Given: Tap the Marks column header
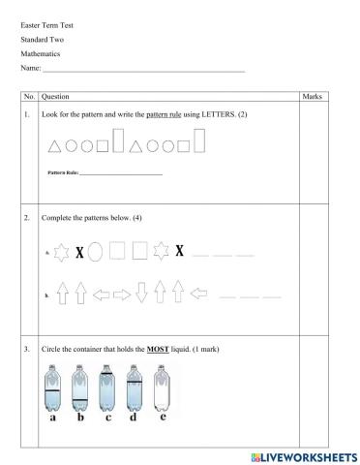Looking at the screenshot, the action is click(312, 97).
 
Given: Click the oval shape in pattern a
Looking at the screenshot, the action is click(96, 252).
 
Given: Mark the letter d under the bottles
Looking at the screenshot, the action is click(135, 418).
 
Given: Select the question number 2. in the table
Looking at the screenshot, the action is click(29, 219).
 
